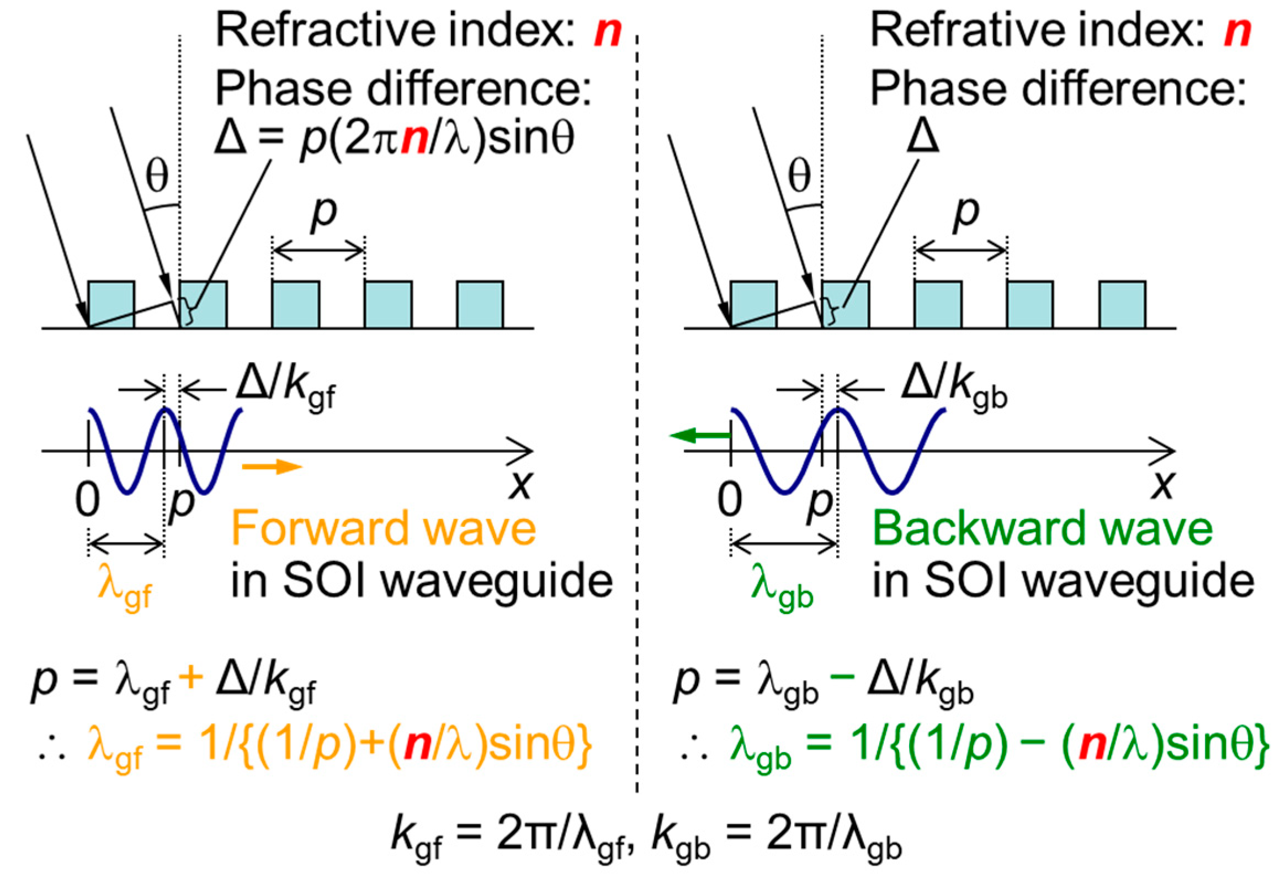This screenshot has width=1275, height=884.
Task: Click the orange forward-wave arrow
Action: tap(272, 467)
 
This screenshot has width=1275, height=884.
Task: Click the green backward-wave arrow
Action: tap(699, 435)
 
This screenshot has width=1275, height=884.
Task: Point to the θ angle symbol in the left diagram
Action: tap(157, 177)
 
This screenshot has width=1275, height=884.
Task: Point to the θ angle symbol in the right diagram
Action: tap(799, 177)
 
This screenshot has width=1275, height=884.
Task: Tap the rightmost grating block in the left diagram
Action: tap(480, 304)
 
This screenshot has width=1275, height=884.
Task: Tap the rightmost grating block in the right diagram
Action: tap(1122, 304)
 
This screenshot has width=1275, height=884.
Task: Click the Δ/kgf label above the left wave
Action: tap(285, 386)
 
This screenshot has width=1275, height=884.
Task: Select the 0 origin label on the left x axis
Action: tap(87, 500)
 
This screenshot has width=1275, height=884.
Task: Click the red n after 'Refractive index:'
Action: tap(608, 31)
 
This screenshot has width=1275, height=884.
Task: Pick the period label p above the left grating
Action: tap(324, 213)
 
